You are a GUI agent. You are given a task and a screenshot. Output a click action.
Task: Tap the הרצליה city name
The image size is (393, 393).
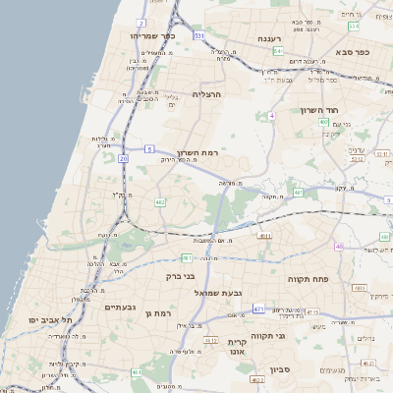click(207, 93)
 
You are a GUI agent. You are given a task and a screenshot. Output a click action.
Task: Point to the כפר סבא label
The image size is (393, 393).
click(350, 51)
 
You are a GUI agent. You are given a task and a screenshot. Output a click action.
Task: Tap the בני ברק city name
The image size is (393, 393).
click(176, 277)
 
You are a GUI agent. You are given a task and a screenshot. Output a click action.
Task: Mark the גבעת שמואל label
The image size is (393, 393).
click(217, 292)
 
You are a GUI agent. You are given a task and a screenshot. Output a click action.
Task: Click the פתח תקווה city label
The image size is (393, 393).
click(307, 279)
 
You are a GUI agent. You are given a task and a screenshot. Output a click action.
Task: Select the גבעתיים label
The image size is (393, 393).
click(120, 307)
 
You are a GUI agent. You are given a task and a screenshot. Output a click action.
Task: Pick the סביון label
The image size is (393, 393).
click(254, 371)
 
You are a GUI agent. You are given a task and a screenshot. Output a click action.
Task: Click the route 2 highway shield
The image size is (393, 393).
click(141, 22)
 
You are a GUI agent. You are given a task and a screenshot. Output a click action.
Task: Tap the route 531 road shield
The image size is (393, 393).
click(199, 35)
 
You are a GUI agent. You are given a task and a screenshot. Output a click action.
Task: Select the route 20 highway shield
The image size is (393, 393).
click(124, 157)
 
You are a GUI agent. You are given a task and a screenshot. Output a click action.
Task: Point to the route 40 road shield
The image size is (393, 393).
click(338, 247)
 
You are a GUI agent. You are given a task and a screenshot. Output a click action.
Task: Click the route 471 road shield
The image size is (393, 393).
click(257, 309)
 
